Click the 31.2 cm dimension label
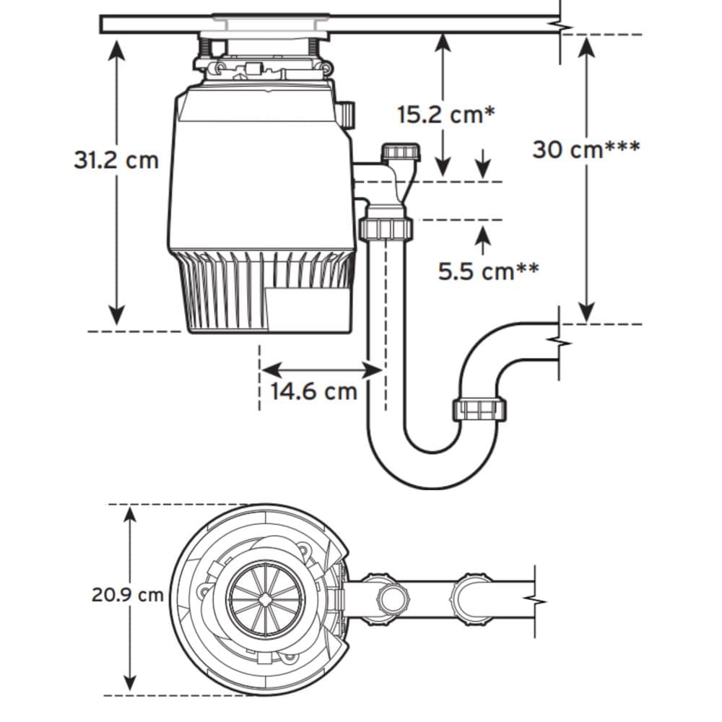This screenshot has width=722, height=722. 116,160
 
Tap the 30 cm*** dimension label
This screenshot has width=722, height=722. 586,149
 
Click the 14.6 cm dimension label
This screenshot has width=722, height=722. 314,391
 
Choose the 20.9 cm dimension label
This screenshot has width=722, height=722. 127,596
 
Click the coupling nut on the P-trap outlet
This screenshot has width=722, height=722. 479,409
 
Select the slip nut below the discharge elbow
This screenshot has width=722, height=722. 385,229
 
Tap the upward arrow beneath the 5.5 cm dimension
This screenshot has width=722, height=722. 483,234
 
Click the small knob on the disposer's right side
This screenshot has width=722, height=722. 347,114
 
